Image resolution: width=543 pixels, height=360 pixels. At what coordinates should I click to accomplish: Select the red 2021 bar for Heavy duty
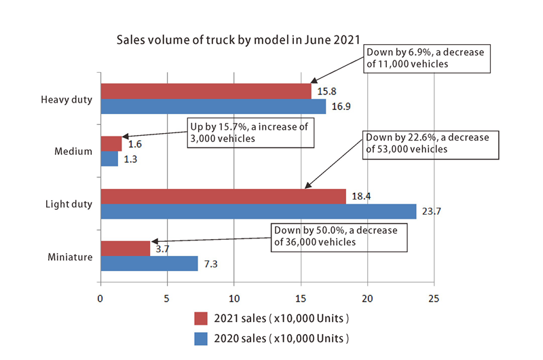point(206,91)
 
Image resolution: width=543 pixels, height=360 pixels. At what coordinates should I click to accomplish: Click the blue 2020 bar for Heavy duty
point(212,107)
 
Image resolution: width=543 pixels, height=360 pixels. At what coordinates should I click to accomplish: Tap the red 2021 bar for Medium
point(111,143)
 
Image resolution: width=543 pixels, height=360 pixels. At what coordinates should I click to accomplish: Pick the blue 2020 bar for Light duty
point(258,211)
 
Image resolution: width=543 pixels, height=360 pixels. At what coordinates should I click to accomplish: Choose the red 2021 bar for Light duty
point(223,196)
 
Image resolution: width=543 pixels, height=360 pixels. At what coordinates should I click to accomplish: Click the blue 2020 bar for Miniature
point(149,264)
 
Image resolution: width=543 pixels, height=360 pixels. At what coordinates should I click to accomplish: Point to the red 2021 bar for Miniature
point(125,249)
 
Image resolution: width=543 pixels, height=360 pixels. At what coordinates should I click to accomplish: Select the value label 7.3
point(211,264)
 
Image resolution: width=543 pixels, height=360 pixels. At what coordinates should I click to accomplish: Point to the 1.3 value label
point(130,160)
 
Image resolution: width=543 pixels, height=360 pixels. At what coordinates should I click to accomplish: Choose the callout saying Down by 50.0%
point(339,236)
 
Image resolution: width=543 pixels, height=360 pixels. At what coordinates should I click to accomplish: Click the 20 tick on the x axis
point(368,298)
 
